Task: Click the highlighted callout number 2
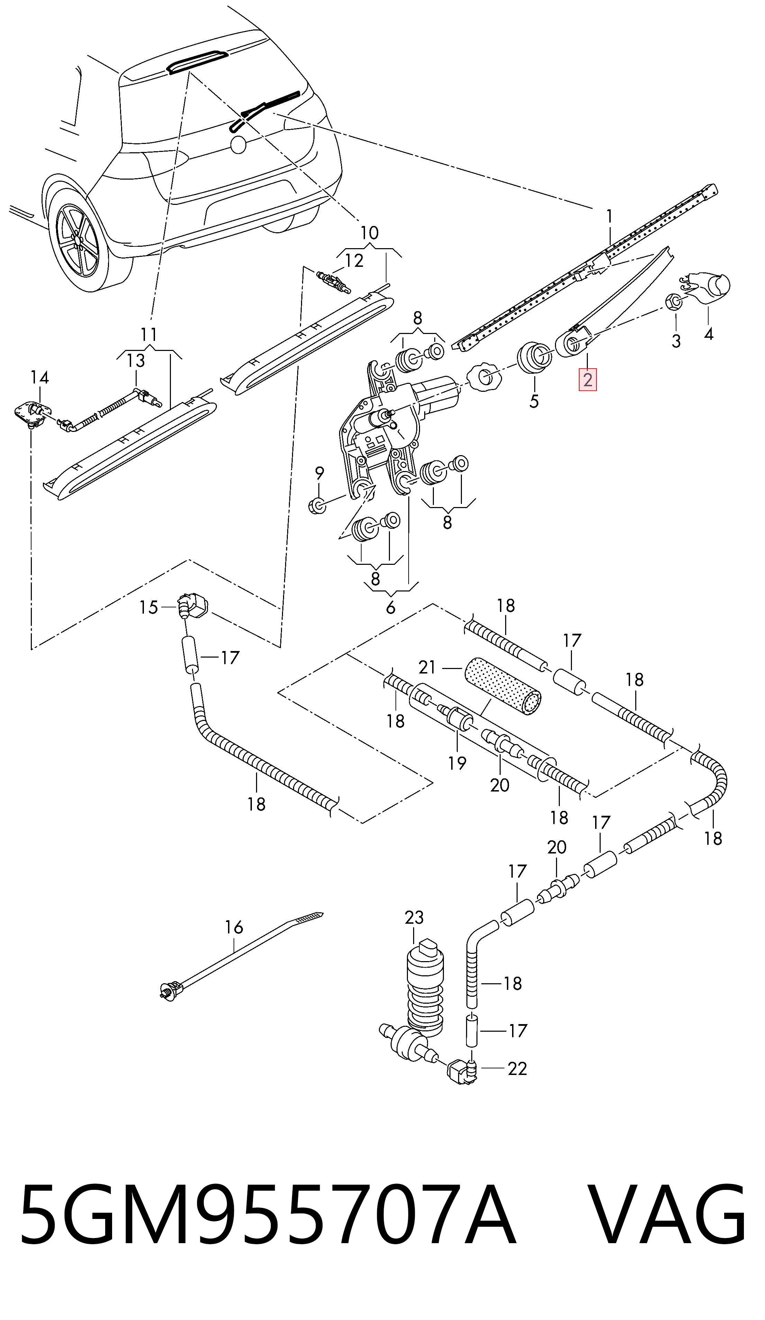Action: pyautogui.click(x=587, y=379)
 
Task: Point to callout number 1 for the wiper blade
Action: pyautogui.click(x=609, y=216)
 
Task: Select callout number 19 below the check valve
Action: pyautogui.click(x=457, y=763)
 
